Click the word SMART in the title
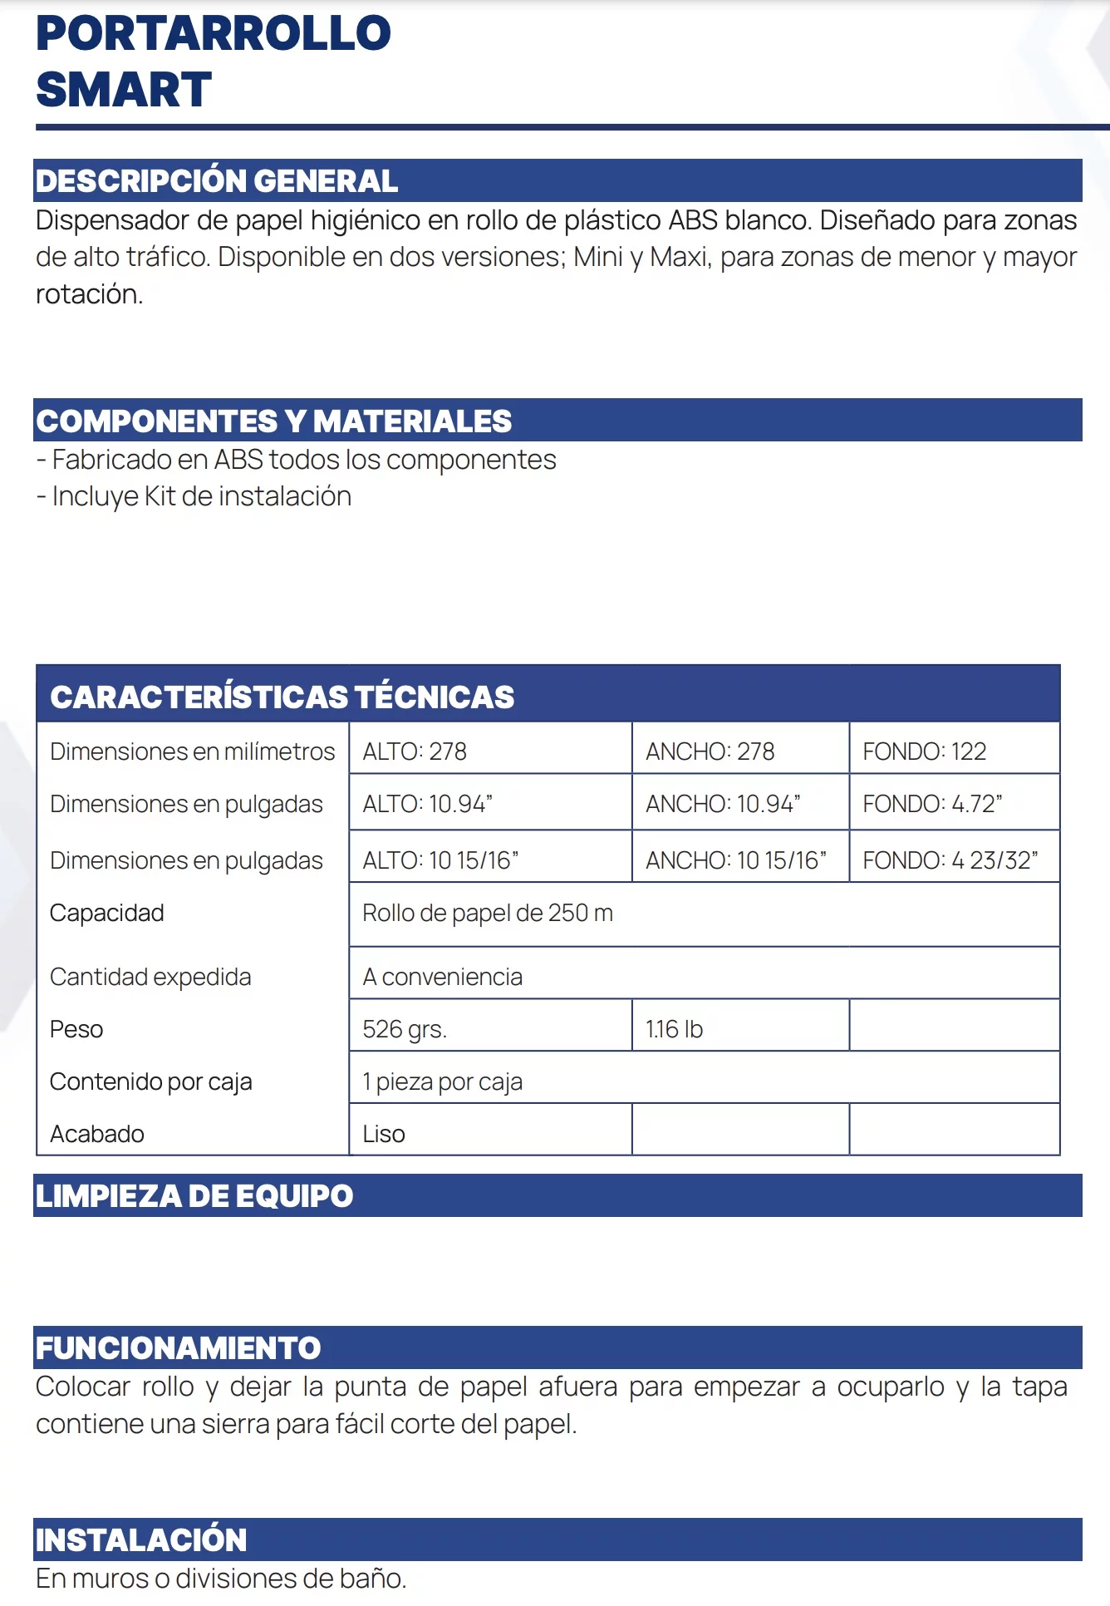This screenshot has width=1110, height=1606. coord(124,90)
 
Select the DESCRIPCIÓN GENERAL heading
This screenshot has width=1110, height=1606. coord(217,181)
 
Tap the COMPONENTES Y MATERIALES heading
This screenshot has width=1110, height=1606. coord(273,421)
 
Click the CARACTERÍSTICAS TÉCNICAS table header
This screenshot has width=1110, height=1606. coord(282,697)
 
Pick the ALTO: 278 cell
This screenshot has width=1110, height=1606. coord(415,751)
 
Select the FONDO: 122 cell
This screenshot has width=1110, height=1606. coord(924,751)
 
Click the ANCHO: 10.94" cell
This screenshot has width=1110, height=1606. coord(723,804)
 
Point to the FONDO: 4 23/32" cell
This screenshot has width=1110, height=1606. coord(950,860)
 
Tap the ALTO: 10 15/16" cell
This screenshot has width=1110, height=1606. coord(440,860)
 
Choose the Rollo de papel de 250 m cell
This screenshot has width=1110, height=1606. coord(488,913)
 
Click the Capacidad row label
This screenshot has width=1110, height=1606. coord(107,913)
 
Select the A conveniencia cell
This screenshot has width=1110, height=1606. coord(443,977)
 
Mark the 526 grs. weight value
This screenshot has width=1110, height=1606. coord(405,1029)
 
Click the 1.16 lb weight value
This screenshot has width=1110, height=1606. coord(674,1029)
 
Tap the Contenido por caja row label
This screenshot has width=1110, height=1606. coord(151,1081)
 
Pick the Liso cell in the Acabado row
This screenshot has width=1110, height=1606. coord(384,1134)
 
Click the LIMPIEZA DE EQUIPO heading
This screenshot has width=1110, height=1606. coord(194,1196)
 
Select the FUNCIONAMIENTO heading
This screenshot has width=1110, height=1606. coord(178,1348)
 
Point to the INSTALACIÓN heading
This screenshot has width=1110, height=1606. coord(141,1540)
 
